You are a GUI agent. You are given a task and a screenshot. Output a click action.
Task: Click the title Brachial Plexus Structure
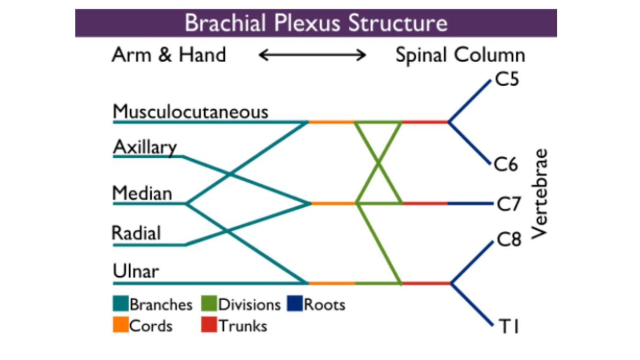(315, 23)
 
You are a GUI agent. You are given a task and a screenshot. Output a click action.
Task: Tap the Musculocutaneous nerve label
(190, 111)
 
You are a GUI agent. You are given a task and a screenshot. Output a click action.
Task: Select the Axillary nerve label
(145, 147)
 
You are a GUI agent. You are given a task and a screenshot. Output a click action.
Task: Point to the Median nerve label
(142, 193)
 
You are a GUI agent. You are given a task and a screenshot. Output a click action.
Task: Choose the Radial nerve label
(136, 233)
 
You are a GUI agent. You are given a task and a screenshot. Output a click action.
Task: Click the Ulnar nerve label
(135, 271)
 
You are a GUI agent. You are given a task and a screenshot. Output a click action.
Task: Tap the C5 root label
(507, 80)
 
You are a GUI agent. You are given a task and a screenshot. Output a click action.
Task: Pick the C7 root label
(509, 204)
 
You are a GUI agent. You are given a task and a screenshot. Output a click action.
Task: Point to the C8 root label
(509, 240)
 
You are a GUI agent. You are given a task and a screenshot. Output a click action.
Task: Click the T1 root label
(509, 326)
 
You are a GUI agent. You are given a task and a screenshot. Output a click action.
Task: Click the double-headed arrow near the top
(312, 55)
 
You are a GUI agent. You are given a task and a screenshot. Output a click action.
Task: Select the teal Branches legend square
(120, 304)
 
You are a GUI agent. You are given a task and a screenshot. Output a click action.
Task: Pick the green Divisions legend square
(209, 304)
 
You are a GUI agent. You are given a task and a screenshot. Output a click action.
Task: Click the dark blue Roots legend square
(295, 304)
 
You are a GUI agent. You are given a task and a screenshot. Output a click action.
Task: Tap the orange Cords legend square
(120, 325)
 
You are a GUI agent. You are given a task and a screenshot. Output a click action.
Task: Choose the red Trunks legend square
(209, 325)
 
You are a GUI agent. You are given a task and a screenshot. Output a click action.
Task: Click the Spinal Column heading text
(460, 55)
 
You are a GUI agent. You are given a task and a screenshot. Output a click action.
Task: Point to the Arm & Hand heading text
(169, 54)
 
